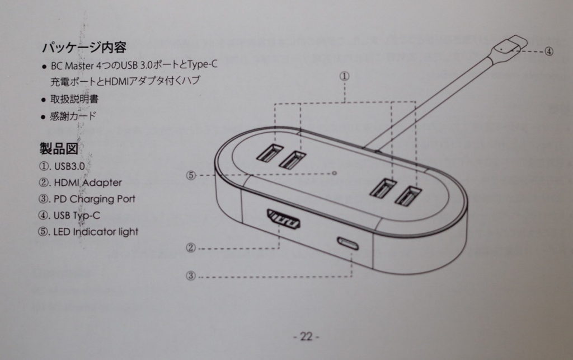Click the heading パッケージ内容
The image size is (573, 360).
click(84, 48)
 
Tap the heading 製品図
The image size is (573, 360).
click(59, 149)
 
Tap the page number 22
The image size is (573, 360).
click(306, 336)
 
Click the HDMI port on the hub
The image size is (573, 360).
click(284, 218)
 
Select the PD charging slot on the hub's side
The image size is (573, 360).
click(348, 244)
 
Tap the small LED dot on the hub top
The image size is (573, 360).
click(335, 173)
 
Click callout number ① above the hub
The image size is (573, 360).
click(344, 76)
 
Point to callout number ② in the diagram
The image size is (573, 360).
click(191, 248)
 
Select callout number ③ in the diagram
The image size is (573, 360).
click(191, 275)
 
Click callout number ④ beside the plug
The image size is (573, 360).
click(549, 52)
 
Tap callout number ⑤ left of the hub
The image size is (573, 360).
click(191, 175)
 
